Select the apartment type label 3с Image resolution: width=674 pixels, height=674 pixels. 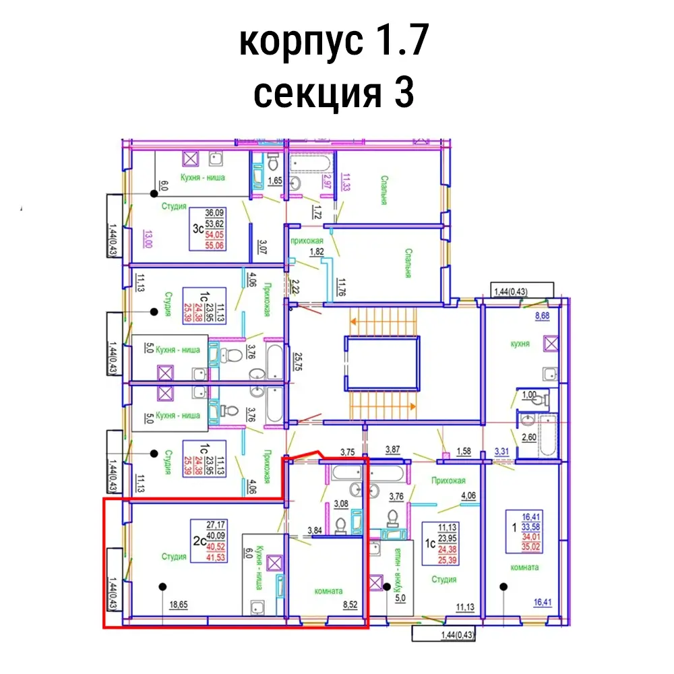[198, 228]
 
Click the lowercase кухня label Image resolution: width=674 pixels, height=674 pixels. [520, 344]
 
